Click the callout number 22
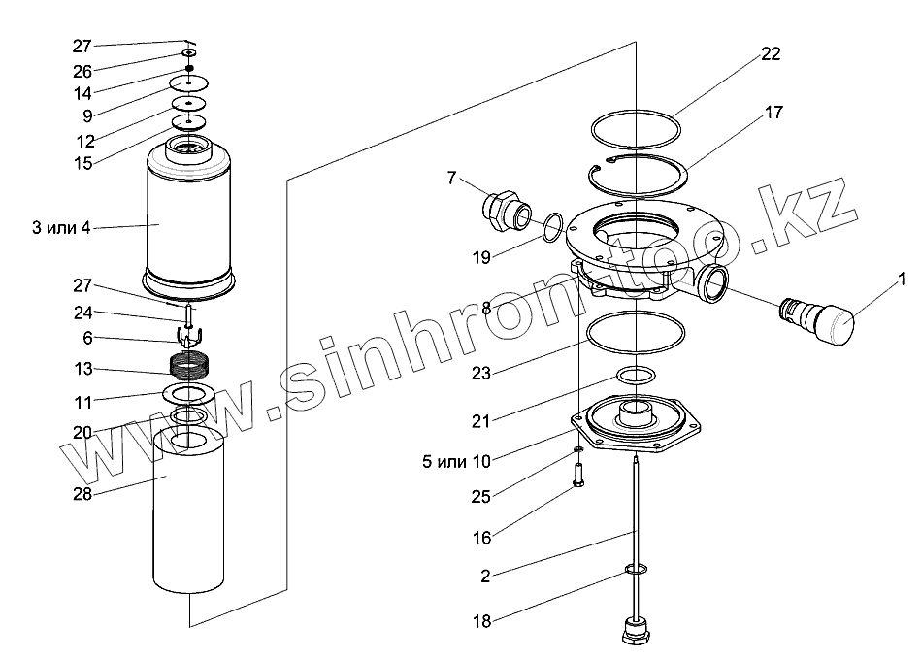click(771, 54)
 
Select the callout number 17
click(773, 113)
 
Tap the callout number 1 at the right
click(902, 281)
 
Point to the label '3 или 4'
click(60, 228)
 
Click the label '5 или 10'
click(455, 462)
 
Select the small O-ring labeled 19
click(550, 227)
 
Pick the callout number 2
click(485, 576)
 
